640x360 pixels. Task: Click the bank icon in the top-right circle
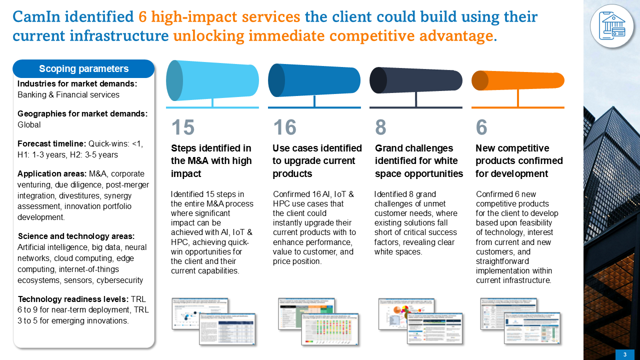612,25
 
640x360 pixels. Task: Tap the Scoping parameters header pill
83,69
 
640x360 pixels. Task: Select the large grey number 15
182,127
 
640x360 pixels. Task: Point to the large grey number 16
284,127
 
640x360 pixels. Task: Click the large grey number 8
380,127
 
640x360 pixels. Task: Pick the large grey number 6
481,127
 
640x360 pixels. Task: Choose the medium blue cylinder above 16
314,80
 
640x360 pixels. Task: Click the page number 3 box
624,354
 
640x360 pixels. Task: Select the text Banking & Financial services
68,94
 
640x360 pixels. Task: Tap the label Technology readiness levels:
73,299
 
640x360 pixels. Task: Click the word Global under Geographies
29,124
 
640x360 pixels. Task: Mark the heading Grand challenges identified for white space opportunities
419,161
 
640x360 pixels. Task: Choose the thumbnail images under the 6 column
517,320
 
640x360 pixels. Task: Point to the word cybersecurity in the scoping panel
120,280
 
